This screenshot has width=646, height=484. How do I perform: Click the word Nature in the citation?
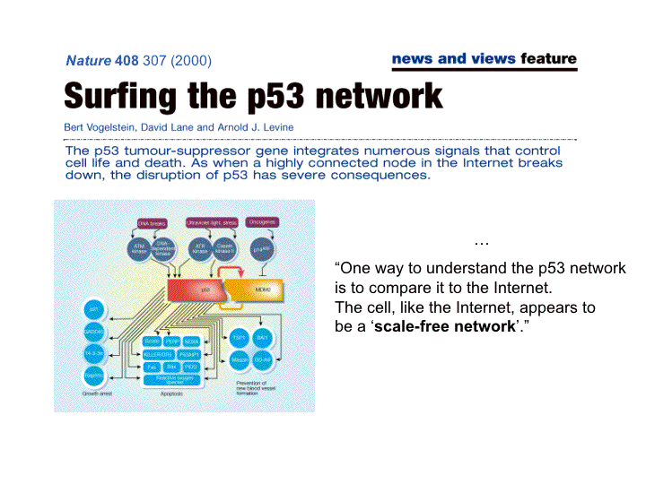pos(89,61)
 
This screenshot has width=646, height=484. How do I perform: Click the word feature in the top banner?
pos(547,59)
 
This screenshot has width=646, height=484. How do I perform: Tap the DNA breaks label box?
pos(153,222)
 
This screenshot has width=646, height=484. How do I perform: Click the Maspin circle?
pos(239,360)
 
